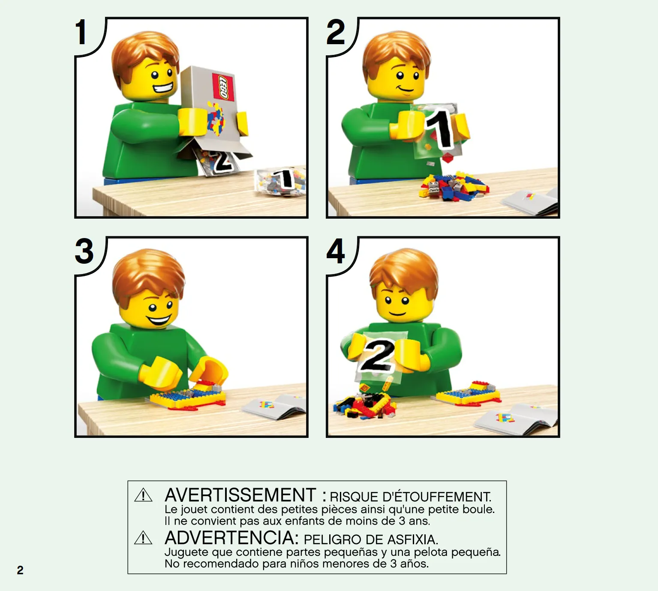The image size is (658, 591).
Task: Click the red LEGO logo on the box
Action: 223,87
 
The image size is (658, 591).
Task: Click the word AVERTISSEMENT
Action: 240,495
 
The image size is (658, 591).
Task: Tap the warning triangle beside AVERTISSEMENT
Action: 143,495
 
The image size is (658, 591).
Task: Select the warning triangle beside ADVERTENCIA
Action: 143,538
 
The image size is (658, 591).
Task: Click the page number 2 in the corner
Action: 20,570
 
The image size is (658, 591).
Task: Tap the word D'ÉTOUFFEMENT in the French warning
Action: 437,497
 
